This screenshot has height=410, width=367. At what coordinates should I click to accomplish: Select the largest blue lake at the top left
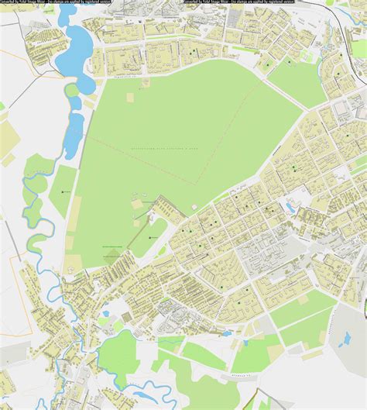coord(77,47)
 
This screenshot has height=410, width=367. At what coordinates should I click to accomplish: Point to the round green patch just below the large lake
coord(71,91)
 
